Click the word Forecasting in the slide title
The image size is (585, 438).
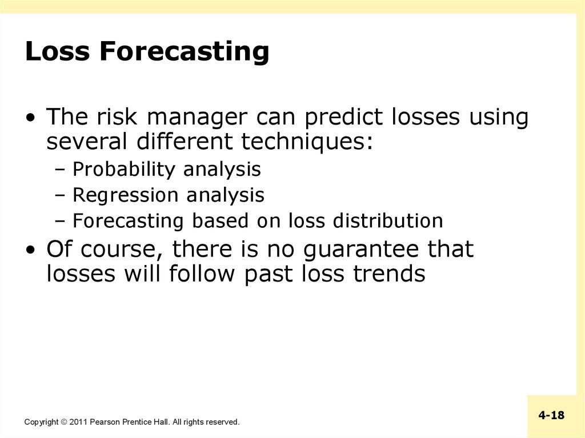click(x=185, y=52)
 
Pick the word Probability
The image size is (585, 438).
click(x=123, y=170)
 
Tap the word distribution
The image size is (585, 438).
click(x=388, y=220)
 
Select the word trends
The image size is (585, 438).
click(x=389, y=274)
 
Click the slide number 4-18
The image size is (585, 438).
click(x=551, y=415)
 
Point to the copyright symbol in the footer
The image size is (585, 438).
click(x=64, y=422)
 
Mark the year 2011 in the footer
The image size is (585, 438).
click(x=78, y=422)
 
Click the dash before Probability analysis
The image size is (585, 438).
click(x=59, y=171)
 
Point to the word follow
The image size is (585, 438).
click(x=202, y=274)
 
